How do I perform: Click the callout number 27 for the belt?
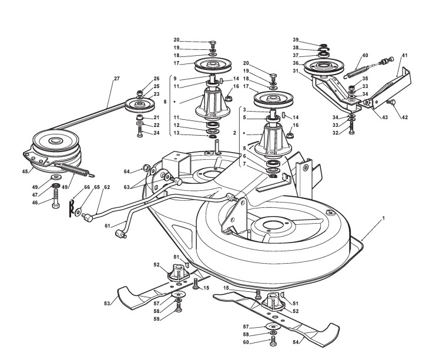click(x=116, y=79)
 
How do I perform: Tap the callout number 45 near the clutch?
click(x=25, y=171)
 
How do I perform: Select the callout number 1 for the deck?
click(x=383, y=218)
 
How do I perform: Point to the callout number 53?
click(x=107, y=303)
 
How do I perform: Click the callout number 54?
click(x=296, y=342)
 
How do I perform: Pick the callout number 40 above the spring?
click(x=365, y=55)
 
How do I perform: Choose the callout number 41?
click(x=405, y=55)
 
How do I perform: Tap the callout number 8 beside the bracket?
click(x=165, y=102)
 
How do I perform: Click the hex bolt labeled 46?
click(x=55, y=198)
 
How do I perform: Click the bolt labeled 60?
click(x=273, y=341)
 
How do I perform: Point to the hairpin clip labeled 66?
click(x=72, y=208)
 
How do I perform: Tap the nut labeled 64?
click(x=146, y=168)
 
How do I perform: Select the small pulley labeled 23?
click(x=140, y=105)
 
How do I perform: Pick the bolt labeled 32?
click(x=352, y=129)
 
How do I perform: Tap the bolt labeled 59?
click(x=179, y=307)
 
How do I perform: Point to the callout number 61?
click(x=108, y=226)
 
